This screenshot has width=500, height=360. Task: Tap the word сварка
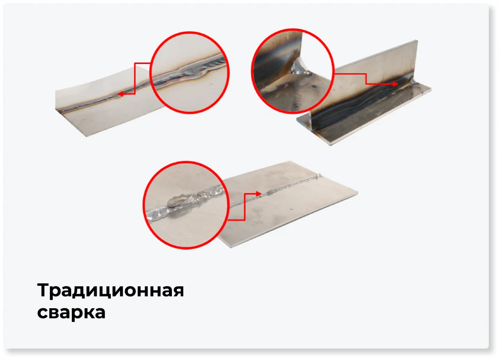(71, 312)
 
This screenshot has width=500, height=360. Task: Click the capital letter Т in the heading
(43, 291)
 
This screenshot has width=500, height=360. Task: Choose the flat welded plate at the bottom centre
(293, 210)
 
